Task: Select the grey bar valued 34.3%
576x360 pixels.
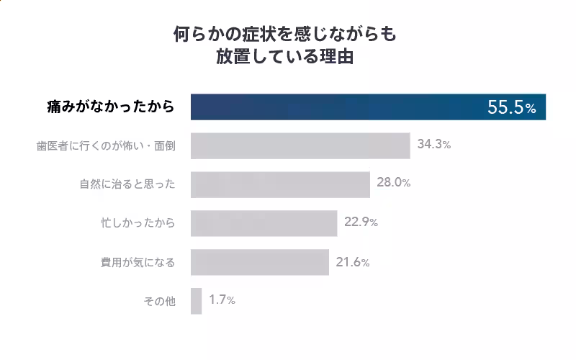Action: point(300,145)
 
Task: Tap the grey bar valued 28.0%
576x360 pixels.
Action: point(280,184)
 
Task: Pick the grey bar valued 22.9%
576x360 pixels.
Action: point(264,223)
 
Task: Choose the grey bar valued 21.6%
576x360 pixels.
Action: point(259,262)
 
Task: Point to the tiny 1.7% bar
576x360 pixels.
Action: point(196,301)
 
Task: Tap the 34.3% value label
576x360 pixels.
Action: point(433,145)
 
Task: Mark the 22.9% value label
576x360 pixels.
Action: point(361,222)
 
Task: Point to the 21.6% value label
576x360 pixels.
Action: point(352,262)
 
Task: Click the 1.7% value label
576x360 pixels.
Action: point(222,300)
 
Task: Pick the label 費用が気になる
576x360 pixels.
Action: point(138,262)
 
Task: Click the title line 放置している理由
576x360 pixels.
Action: point(286,57)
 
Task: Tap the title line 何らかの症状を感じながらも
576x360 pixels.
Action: point(286,34)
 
